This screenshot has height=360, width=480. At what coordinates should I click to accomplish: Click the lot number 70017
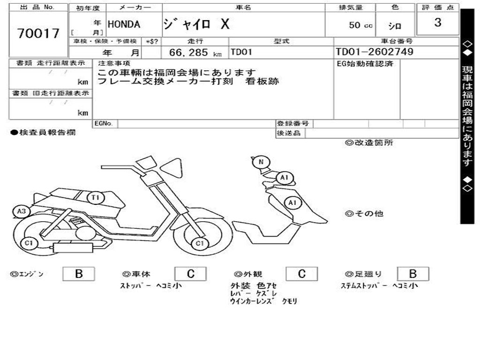click(38, 33)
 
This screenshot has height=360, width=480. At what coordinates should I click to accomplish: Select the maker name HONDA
click(124, 24)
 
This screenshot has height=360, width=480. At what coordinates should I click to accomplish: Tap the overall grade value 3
click(437, 22)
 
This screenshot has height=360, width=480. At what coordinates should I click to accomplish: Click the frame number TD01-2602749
click(375, 52)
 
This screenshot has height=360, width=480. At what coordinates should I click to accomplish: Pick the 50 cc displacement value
click(360, 25)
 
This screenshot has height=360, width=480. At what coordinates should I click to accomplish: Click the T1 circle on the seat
click(96, 198)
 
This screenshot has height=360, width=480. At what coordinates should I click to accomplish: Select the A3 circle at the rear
click(21, 211)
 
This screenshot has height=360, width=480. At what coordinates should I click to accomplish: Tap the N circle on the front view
click(261, 163)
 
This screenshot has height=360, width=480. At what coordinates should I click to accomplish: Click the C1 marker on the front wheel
click(200, 243)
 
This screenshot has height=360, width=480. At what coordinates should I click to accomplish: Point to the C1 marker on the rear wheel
click(29, 243)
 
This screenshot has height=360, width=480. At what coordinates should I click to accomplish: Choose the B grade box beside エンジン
click(78, 274)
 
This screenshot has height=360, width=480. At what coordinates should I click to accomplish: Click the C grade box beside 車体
click(190, 274)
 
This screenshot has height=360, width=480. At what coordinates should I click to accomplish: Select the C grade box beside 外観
click(301, 274)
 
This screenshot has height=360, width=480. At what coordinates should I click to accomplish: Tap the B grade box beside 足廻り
click(412, 274)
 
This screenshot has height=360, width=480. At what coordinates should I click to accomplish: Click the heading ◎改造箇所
click(369, 143)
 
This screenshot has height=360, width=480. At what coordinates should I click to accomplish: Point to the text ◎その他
click(364, 214)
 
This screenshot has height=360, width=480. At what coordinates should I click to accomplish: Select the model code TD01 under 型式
click(241, 52)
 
